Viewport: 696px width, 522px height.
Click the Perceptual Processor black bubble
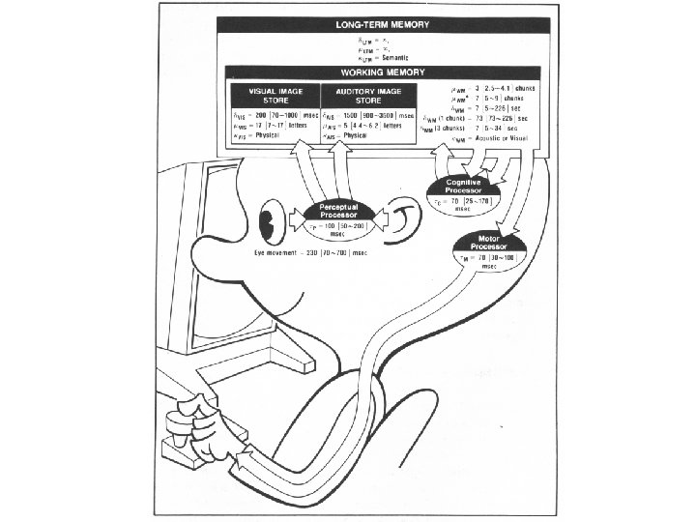[x=338, y=212]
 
